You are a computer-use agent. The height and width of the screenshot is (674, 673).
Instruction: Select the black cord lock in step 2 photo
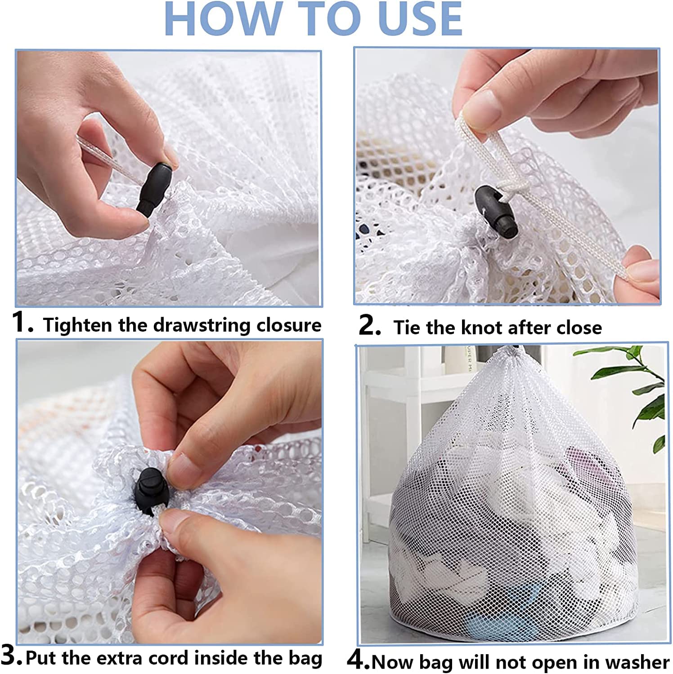496,212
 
